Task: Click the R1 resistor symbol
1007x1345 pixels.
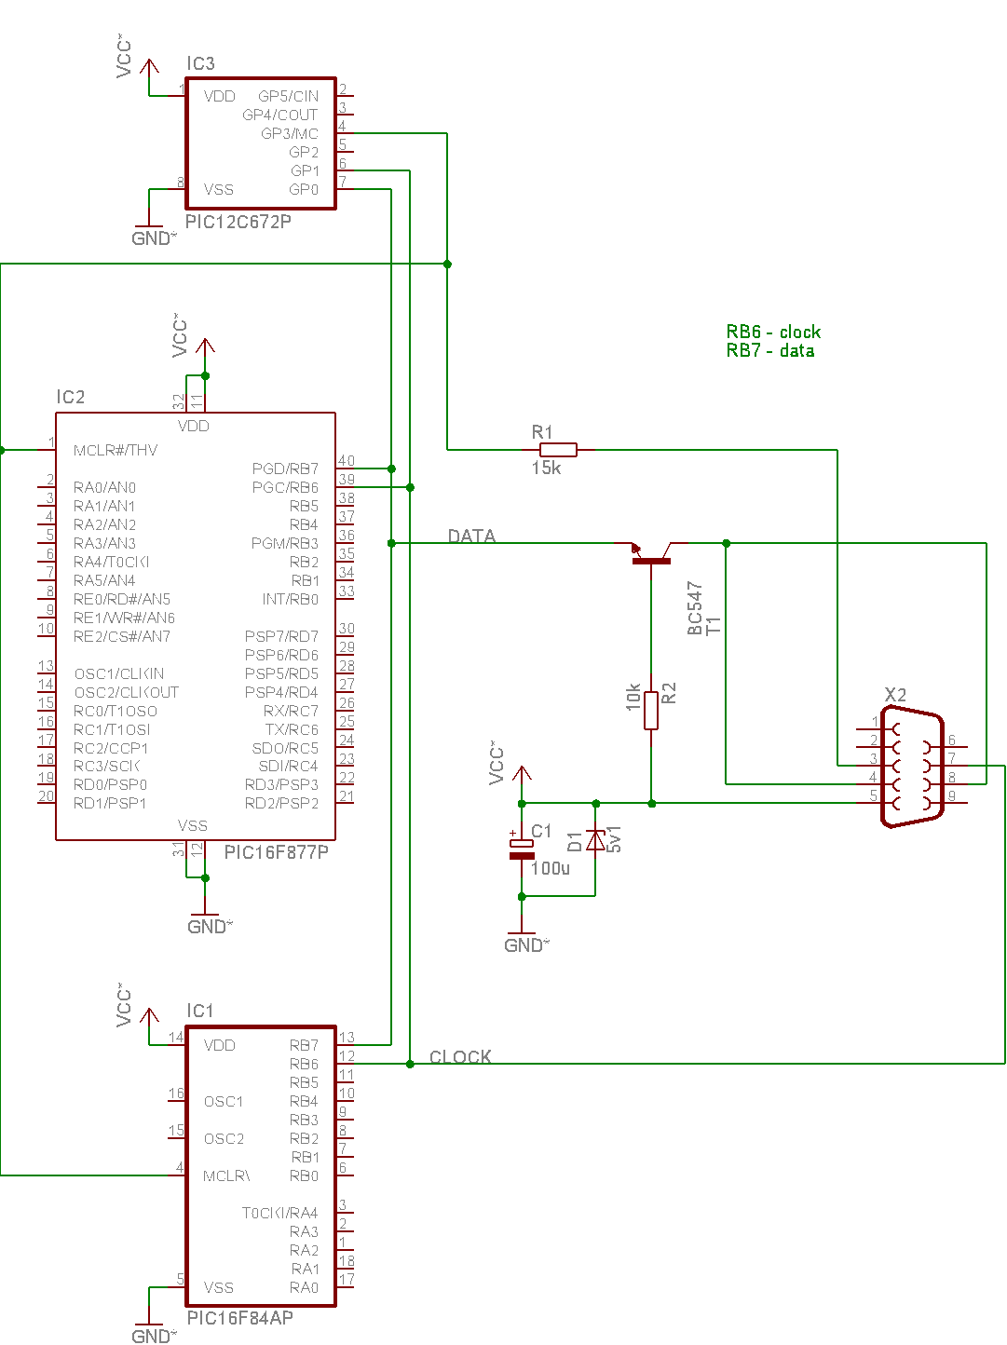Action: click(557, 450)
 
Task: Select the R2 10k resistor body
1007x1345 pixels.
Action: click(651, 710)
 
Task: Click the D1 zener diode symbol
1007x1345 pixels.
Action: click(595, 840)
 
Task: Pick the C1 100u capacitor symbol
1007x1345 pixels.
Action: click(522, 849)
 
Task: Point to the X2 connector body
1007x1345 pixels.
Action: click(912, 767)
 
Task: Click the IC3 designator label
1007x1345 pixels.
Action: click(200, 63)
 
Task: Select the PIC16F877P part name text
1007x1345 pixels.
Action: click(277, 852)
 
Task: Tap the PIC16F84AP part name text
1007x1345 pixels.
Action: click(239, 1317)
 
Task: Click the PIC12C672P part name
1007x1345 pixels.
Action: click(238, 221)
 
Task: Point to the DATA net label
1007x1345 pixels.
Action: click(471, 536)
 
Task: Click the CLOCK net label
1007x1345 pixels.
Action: click(460, 1056)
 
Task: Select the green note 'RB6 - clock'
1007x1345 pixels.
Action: click(773, 332)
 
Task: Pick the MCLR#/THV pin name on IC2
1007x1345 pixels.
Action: click(116, 451)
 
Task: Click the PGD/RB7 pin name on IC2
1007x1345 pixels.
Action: click(285, 469)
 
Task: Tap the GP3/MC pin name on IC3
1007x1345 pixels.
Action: click(289, 133)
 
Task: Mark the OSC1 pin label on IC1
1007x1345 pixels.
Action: click(223, 1102)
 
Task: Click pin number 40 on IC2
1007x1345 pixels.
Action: click(347, 461)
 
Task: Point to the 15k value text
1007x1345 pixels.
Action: click(546, 468)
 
